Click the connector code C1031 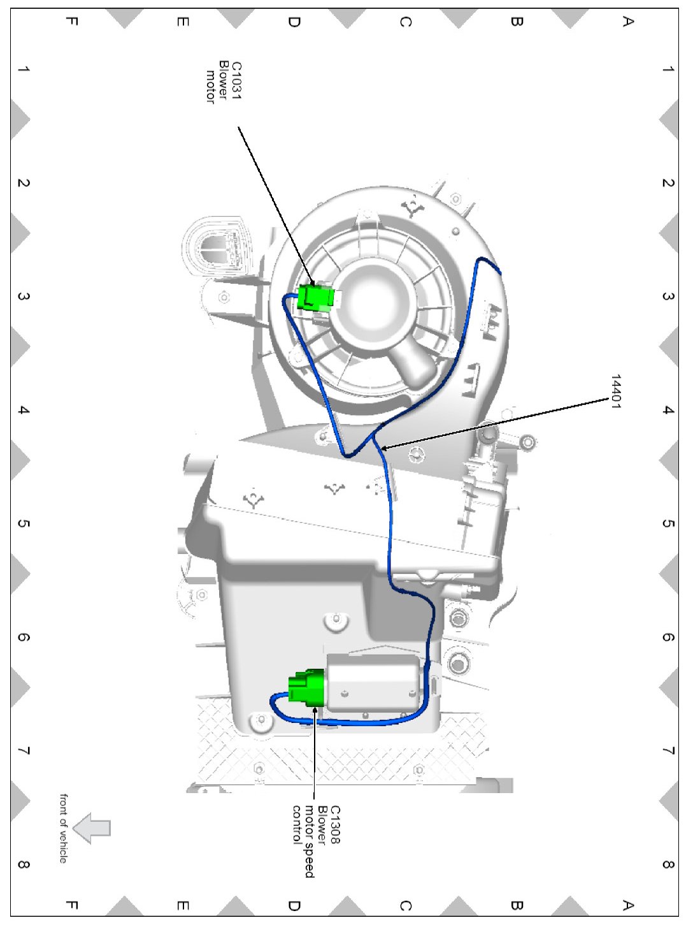coord(236,80)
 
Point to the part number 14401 coord(615,391)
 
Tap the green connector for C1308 coord(306,688)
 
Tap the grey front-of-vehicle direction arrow coord(92,828)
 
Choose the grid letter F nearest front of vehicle coord(71,905)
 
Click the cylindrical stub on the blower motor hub coord(415,367)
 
